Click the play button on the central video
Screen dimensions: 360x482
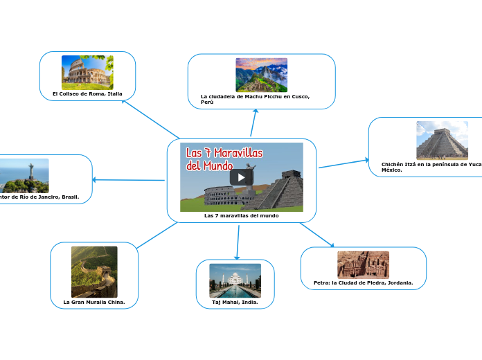241,177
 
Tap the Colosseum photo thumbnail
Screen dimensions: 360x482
87,72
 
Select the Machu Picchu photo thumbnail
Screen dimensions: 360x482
261,75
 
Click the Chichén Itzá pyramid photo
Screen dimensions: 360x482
442,141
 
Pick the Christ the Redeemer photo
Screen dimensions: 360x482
24,175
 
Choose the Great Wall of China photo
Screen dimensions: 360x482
94,271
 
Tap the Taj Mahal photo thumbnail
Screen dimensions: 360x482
235,280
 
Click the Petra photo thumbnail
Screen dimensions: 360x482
363,264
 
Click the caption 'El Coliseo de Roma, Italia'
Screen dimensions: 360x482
87,93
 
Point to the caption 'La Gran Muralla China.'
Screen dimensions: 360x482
94,302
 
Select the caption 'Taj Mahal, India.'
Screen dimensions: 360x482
235,302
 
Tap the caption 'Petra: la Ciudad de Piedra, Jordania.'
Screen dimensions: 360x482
363,282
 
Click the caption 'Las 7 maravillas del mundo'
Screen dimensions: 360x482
241,215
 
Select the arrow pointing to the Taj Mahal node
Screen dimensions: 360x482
238,242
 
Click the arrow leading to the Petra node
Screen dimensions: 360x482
317,235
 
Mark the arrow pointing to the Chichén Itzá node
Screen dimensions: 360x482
343,163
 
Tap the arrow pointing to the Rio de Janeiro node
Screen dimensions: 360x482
128,180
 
